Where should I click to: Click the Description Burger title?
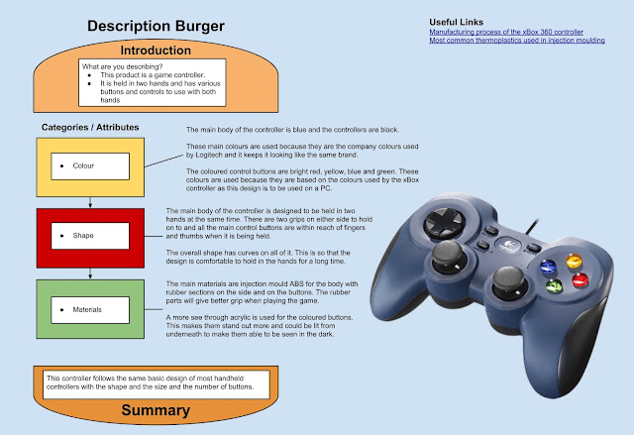pos(156,27)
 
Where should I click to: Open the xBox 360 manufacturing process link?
pos(506,32)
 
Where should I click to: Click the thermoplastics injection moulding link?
pos(517,41)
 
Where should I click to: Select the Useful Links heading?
pos(456,22)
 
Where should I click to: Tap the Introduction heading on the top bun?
pos(156,51)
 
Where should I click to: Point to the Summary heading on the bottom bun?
pos(156,410)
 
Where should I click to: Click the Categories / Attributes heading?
pos(90,128)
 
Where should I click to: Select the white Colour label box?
pos(90,166)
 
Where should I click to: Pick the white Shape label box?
pos(90,236)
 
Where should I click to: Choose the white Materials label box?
pos(90,310)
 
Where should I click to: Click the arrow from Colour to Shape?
pos(90,202)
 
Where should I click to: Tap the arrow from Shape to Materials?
pos(90,273)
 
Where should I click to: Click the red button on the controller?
pos(580,279)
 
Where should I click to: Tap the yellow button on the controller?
pos(574,261)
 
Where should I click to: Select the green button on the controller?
pos(554,285)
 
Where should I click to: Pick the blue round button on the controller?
pos(548,267)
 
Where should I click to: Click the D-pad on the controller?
pos(444,223)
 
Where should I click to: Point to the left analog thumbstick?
pos(447,257)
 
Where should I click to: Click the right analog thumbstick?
pos(509,281)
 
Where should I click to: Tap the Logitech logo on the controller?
pos(506,244)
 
